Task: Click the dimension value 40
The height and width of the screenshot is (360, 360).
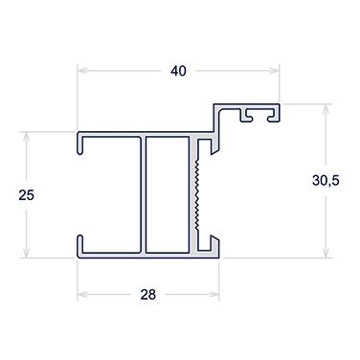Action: click(178, 71)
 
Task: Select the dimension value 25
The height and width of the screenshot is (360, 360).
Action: click(26, 195)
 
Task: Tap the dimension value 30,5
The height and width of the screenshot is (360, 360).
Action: click(326, 181)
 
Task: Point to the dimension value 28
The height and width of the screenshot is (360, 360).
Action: click(148, 295)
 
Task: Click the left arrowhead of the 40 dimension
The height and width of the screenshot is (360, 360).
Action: click(82, 71)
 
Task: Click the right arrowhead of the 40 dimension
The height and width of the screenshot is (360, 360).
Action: click(275, 71)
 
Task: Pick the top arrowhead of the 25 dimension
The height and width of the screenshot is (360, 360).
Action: click(26, 136)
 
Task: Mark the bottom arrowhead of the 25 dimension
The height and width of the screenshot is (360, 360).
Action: click(26, 253)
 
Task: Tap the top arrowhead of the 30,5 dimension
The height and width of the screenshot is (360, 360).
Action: click(326, 108)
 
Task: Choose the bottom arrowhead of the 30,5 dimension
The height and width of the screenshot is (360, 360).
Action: click(326, 253)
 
